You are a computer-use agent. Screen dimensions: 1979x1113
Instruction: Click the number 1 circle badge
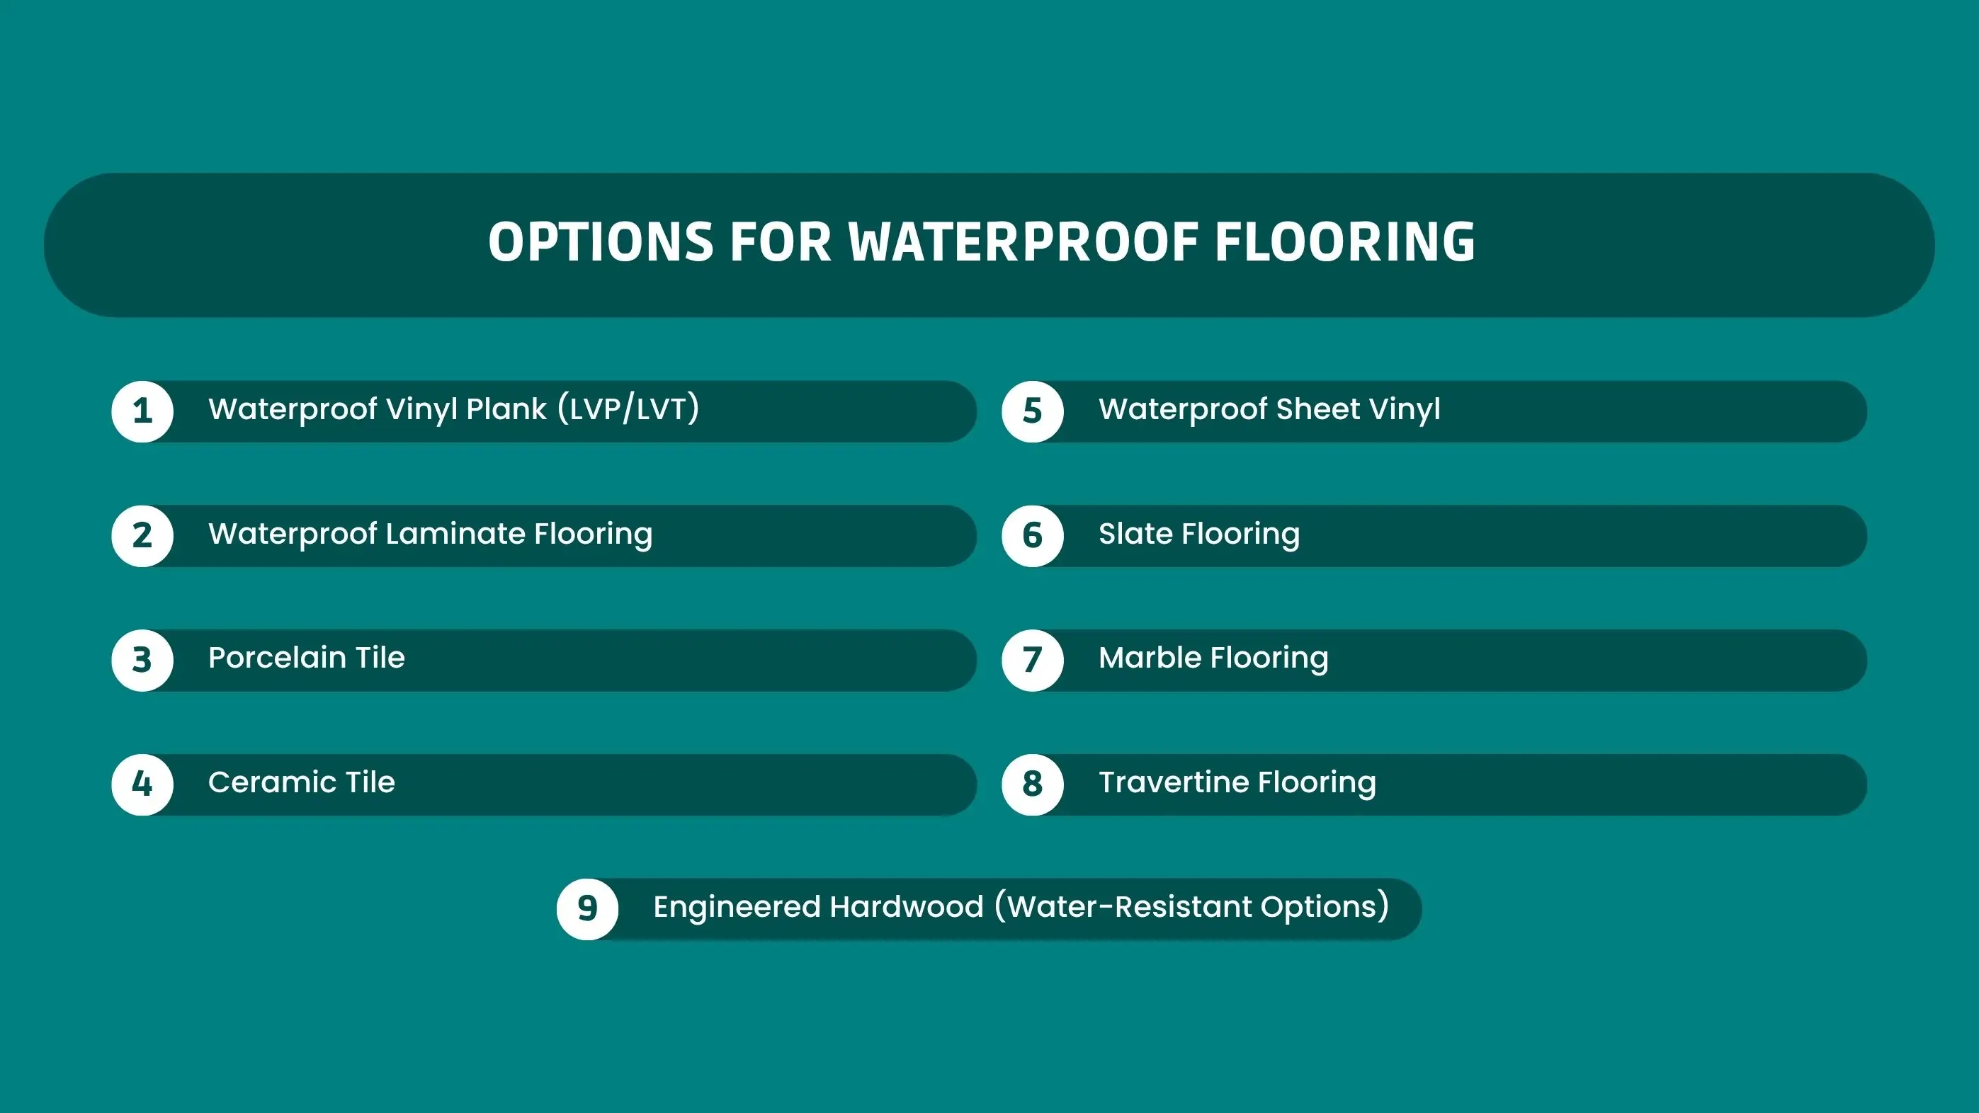click(x=142, y=411)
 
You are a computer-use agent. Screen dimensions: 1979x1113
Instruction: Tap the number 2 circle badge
click(x=142, y=535)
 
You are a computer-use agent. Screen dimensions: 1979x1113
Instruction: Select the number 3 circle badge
click(x=142, y=660)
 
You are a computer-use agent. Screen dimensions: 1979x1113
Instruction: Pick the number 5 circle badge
click(x=1033, y=411)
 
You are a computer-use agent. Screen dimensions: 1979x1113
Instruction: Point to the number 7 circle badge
click(x=1033, y=660)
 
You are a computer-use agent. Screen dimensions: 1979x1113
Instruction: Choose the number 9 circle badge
click(x=588, y=908)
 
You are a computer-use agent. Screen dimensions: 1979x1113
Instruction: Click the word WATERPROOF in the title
click(x=1023, y=242)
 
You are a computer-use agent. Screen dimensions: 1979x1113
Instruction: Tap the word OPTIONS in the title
click(x=601, y=242)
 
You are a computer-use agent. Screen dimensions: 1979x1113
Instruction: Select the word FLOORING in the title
click(x=1345, y=242)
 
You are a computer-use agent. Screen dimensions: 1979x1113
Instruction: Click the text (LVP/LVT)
click(x=628, y=408)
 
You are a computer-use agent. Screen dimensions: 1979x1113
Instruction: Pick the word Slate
click(x=1135, y=533)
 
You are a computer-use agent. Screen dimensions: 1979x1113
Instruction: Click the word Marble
click(x=1150, y=658)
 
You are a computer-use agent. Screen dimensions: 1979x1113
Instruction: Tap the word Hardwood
click(x=907, y=906)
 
